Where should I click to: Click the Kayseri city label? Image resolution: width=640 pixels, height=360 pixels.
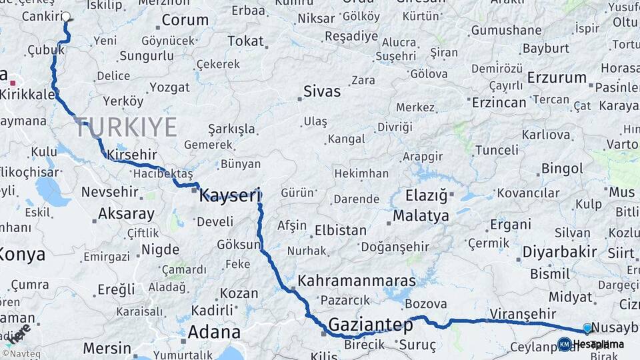(229, 195)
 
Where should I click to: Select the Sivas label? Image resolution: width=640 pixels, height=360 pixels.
(322, 91)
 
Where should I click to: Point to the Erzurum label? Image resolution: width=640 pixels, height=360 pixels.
(556, 77)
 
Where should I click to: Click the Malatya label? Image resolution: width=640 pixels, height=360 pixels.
(421, 216)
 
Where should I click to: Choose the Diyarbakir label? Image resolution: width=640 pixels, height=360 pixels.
(559, 252)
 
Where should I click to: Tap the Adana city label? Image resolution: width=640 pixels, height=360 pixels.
(214, 332)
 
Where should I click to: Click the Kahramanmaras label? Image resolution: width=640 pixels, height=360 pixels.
(357, 281)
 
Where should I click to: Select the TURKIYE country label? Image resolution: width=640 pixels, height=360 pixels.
(126, 127)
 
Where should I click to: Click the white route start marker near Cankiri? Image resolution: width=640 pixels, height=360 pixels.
(67, 17)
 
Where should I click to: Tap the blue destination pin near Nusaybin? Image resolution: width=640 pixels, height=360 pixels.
(587, 328)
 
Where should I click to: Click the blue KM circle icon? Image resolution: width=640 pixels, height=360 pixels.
(564, 344)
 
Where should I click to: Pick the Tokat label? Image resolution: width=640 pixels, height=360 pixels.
(245, 41)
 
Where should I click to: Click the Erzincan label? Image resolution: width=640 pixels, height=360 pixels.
(499, 103)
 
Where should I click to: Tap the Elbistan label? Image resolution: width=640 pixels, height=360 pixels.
(340, 231)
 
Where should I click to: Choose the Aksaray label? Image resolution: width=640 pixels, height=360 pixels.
(126, 215)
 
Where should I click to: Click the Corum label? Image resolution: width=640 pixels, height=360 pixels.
(185, 20)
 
